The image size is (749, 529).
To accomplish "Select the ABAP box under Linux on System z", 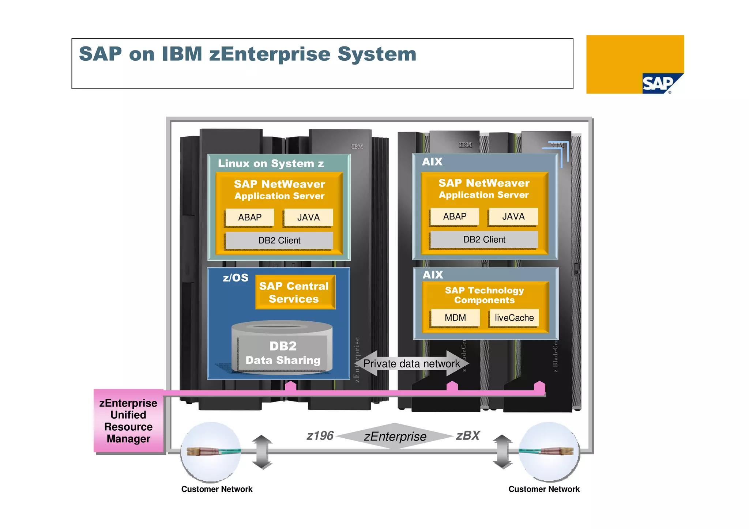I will click(250, 218).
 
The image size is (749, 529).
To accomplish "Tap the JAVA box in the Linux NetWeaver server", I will click(308, 218).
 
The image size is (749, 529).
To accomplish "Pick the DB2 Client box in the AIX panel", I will click(484, 239).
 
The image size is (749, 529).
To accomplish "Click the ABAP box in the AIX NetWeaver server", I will click(455, 216).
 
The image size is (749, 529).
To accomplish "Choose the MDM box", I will click(455, 318).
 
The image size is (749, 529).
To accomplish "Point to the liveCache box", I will click(514, 318).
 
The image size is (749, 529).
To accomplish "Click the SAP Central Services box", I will click(294, 292).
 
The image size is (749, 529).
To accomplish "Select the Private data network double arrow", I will click(411, 363).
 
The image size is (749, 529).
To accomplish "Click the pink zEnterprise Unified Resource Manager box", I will click(128, 421).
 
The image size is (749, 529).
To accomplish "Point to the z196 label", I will click(320, 436).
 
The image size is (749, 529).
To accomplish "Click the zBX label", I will click(468, 436).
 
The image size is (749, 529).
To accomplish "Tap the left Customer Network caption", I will click(217, 489).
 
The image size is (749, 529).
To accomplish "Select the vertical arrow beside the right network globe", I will click(502, 451).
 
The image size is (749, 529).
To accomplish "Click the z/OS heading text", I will click(236, 278).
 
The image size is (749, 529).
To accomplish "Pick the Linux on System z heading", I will click(271, 163).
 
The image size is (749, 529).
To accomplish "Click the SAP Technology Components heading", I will click(484, 295).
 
